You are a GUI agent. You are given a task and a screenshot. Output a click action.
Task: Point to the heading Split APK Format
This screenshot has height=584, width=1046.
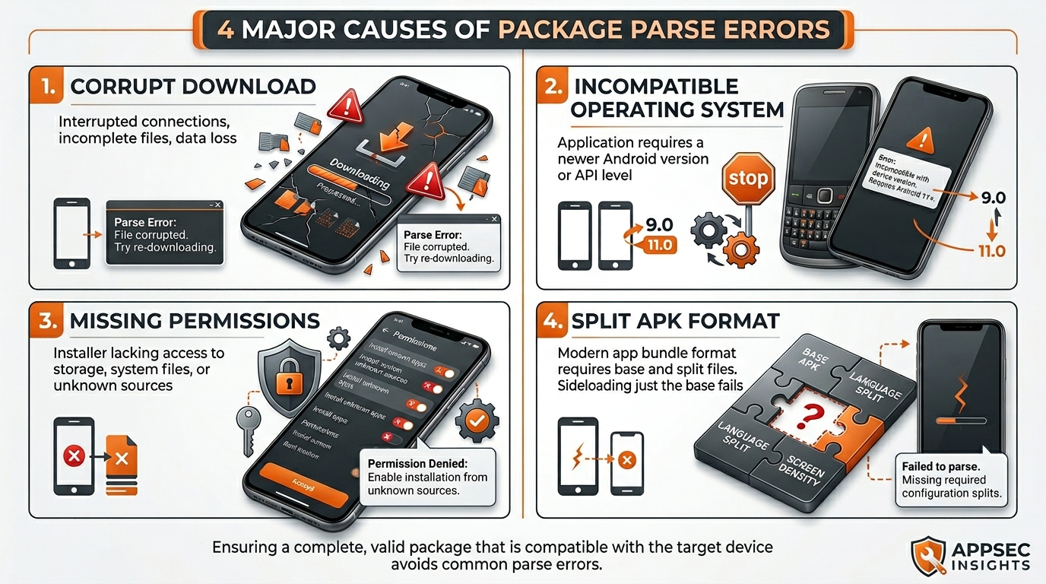[x=675, y=322]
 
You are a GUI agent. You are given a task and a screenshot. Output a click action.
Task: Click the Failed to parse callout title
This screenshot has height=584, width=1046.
[x=940, y=465]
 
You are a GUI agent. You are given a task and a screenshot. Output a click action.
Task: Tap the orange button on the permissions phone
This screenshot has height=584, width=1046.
[x=303, y=481]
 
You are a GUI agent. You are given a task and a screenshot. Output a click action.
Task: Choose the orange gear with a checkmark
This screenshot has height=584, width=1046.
[x=477, y=419]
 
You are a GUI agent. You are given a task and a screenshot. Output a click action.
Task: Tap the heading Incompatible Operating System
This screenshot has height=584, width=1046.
[x=677, y=97]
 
